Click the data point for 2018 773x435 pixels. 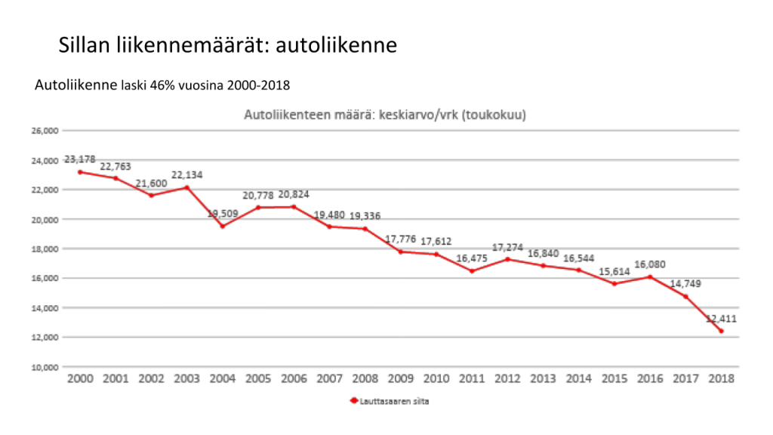(x=721, y=331)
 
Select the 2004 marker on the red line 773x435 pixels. (x=222, y=226)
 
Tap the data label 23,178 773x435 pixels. (x=80, y=159)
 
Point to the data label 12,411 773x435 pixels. (x=721, y=319)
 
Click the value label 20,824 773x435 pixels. (x=293, y=194)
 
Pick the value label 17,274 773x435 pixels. (x=507, y=247)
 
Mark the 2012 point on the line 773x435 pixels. (x=507, y=259)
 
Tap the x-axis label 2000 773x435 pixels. (x=80, y=378)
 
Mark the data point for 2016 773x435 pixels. (x=649, y=276)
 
